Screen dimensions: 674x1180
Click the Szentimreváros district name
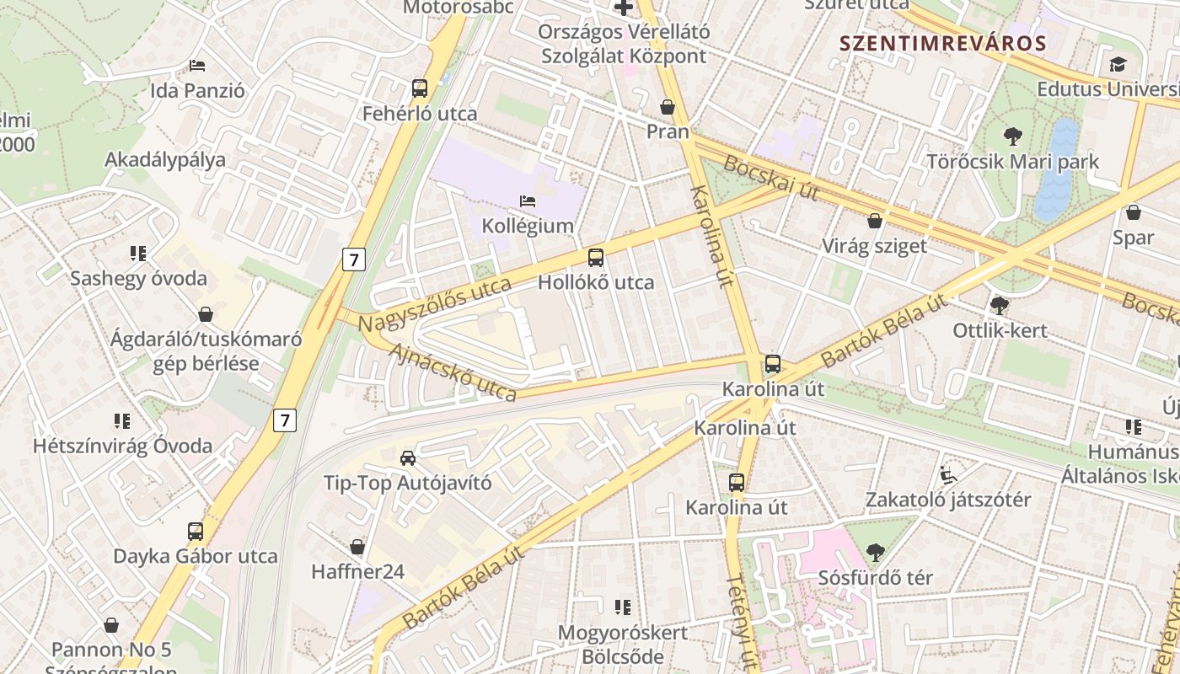pyautogui.click(x=942, y=44)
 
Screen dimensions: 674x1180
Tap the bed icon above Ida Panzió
pyautogui.click(x=197, y=65)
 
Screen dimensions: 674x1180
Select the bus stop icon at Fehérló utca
pyautogui.click(x=419, y=88)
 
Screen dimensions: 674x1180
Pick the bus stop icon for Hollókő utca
pyautogui.click(x=596, y=257)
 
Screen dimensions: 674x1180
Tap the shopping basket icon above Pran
pyautogui.click(x=668, y=107)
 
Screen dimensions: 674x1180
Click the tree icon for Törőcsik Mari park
pyautogui.click(x=1012, y=136)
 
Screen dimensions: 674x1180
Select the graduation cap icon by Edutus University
pyautogui.click(x=1118, y=64)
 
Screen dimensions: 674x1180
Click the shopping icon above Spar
pyautogui.click(x=1134, y=212)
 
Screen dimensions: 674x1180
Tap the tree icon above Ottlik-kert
pyautogui.click(x=1000, y=305)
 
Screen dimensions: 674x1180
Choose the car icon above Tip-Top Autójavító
pyautogui.click(x=408, y=457)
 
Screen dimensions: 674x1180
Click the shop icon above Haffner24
pyautogui.click(x=357, y=547)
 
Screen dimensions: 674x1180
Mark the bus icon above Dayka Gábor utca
pyautogui.click(x=196, y=531)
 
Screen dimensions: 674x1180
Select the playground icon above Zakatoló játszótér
pyautogui.click(x=948, y=474)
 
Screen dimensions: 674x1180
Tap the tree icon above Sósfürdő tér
pyautogui.click(x=876, y=553)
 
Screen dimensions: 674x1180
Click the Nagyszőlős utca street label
pyautogui.click(x=434, y=305)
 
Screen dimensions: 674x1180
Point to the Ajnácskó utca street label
pyautogui.click(x=452, y=371)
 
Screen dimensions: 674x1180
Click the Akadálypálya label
pyautogui.click(x=165, y=160)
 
